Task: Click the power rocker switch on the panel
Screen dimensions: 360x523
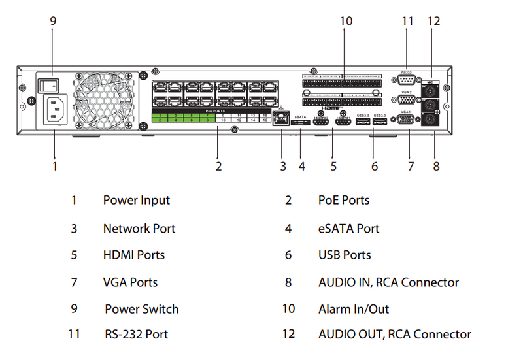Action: tap(47, 84)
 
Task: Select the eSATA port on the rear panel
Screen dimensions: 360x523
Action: tap(301, 123)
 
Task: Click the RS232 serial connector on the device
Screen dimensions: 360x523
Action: tap(404, 80)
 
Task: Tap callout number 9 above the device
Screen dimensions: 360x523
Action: tap(53, 22)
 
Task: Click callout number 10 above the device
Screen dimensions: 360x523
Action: tap(346, 22)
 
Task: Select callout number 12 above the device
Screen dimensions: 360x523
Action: tap(434, 22)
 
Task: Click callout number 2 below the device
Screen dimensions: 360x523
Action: tap(218, 166)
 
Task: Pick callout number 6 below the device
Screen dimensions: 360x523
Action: tap(375, 166)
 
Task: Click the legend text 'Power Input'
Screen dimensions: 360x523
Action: tap(136, 201)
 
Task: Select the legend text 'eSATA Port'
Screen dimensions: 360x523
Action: tap(348, 229)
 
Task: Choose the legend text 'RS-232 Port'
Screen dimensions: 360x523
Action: tap(136, 335)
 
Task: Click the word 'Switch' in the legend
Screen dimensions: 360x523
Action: tap(160, 308)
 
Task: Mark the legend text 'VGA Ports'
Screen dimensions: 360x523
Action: tap(130, 282)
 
